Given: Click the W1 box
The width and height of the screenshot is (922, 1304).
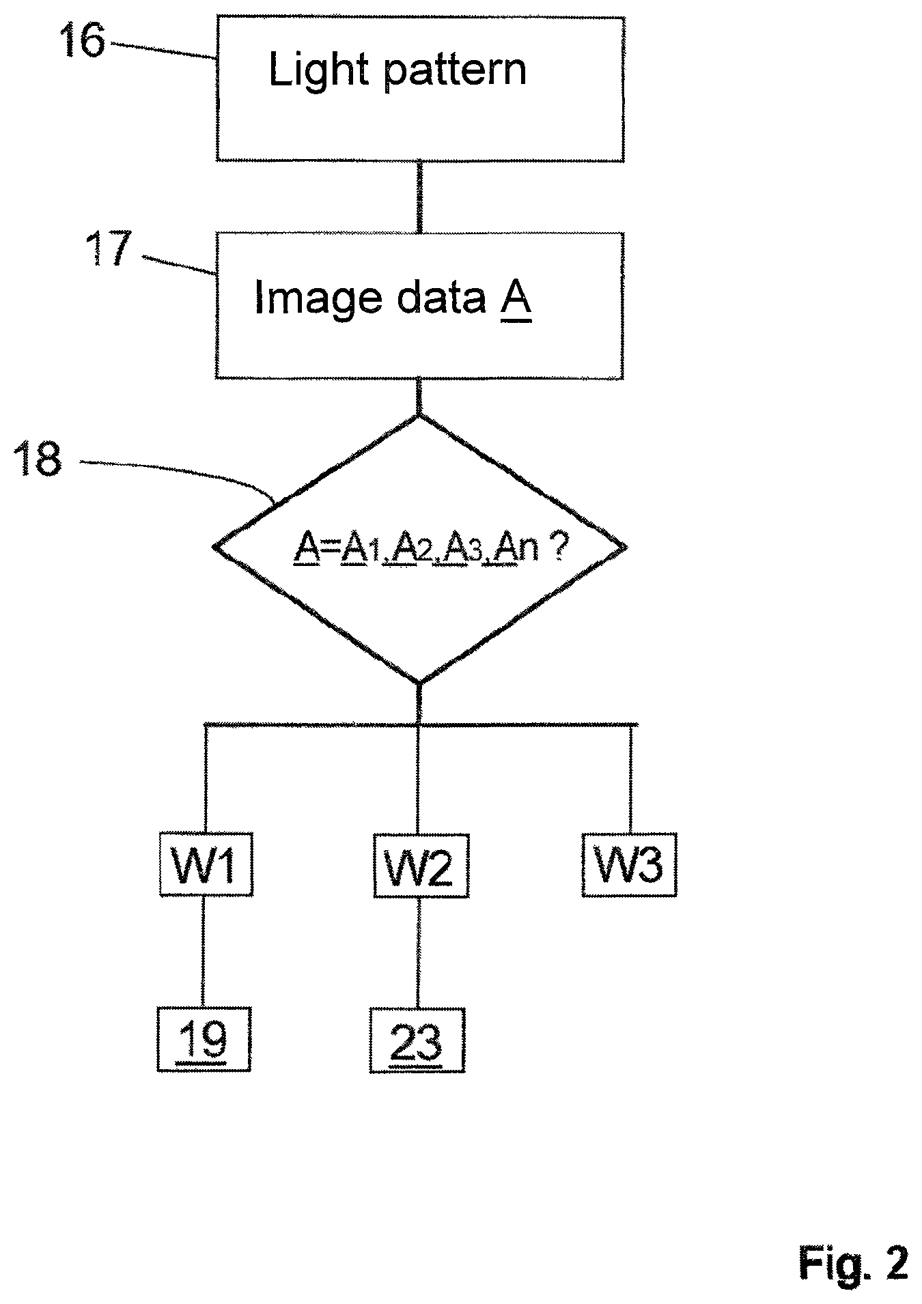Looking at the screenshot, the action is (206, 864).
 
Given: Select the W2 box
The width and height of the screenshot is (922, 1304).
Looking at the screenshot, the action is (421, 866).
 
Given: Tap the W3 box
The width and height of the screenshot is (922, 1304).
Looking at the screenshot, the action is (629, 864).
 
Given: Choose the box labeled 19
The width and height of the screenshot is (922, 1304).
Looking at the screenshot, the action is (204, 1039).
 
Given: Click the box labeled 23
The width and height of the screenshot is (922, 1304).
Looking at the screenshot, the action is (417, 1040).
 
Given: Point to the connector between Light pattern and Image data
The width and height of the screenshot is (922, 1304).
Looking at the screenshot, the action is (420, 197).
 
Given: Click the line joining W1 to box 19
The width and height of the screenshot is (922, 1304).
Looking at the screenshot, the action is (204, 951).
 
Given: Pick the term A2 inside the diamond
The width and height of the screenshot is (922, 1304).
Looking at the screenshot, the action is (410, 548).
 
